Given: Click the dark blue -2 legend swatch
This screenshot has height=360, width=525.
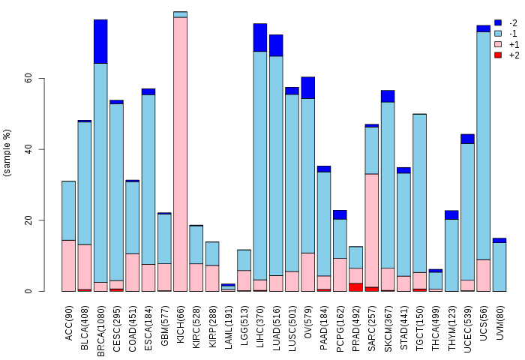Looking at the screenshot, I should click(497, 23).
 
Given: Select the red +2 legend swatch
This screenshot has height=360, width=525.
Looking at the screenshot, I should click(497, 55).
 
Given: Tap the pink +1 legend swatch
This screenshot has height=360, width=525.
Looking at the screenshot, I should click(497, 44).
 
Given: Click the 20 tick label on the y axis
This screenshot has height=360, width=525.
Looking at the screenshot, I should click(28, 220).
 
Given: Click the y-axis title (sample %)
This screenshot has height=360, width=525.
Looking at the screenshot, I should click(7, 153).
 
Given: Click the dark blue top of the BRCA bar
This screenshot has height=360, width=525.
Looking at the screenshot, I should click(100, 41).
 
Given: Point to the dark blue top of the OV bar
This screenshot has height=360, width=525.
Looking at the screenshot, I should click(308, 88).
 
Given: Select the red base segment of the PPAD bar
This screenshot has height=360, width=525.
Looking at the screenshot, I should click(356, 287).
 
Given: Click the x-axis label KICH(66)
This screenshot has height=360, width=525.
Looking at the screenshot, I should click(181, 319).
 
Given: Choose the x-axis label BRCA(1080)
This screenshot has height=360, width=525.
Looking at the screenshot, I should click(100, 323).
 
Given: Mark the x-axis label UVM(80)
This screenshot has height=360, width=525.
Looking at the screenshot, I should click(499, 319).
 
